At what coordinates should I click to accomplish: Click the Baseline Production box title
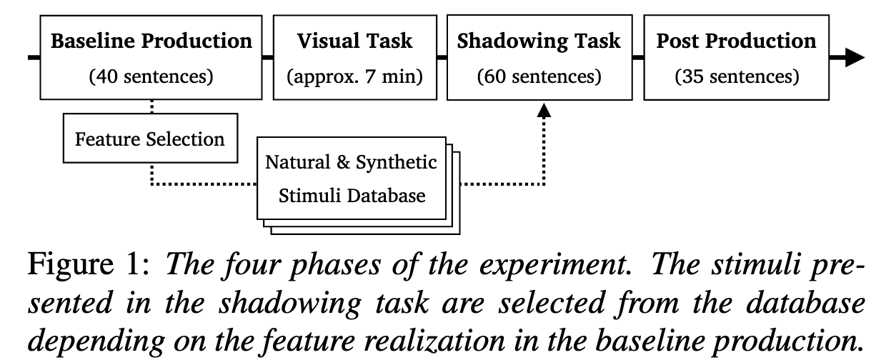[151, 41]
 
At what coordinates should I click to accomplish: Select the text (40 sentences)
[151, 76]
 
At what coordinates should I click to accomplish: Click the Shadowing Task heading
[539, 41]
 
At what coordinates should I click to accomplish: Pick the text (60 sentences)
[539, 76]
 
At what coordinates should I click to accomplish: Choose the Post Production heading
[736, 41]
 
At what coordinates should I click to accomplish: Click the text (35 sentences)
[736, 76]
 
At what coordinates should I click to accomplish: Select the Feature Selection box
[150, 138]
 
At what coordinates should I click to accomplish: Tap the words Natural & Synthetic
[351, 162]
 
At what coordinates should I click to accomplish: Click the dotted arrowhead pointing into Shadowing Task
[544, 109]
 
